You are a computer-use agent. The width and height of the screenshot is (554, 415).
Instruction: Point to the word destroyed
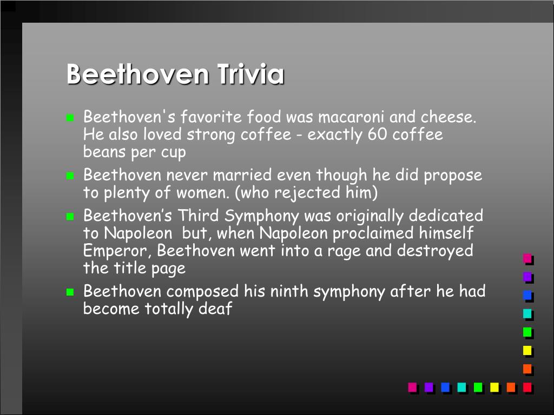pos(435,251)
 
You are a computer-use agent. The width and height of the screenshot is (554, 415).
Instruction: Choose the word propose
pos(453,176)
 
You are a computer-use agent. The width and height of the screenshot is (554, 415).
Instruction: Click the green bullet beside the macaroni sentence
pos(70,117)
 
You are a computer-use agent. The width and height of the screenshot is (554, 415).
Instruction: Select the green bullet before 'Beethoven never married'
pos(70,176)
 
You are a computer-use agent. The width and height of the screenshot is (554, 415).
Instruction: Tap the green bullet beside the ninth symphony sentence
pos(70,292)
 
